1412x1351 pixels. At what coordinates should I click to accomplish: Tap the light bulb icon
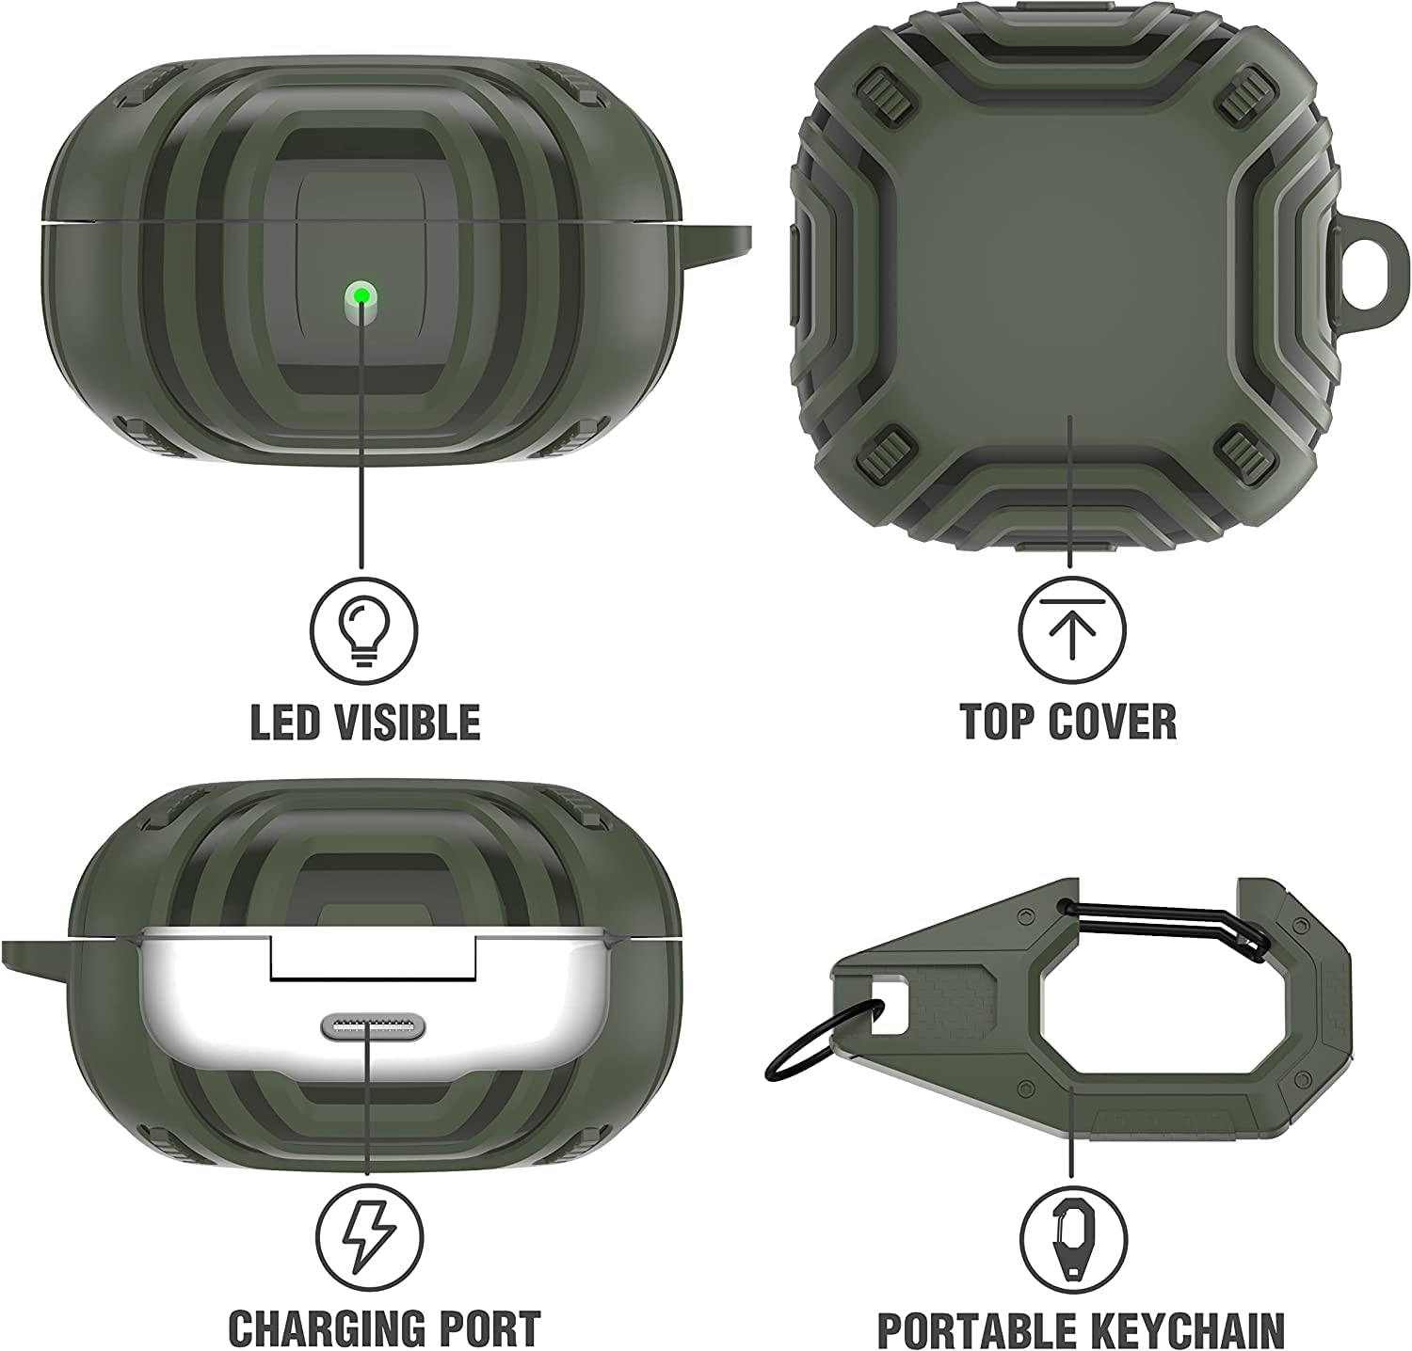363,626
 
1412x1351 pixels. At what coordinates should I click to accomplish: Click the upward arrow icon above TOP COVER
1070,626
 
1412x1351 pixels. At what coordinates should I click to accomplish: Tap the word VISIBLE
411,723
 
